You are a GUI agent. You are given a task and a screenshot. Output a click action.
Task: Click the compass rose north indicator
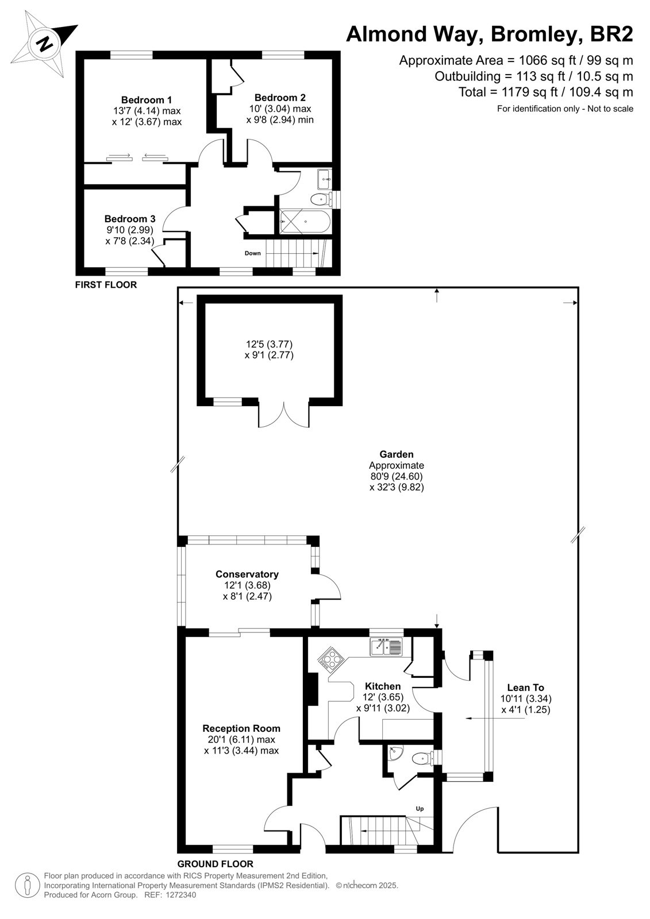(x=44, y=44)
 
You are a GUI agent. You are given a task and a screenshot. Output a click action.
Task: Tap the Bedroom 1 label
(x=147, y=100)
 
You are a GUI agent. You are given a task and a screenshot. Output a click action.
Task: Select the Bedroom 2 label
(x=280, y=98)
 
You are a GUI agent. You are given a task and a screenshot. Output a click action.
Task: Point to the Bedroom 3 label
(x=130, y=219)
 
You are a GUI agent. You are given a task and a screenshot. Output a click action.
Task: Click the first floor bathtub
(x=305, y=222)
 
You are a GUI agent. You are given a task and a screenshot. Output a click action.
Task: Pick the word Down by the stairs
(x=252, y=253)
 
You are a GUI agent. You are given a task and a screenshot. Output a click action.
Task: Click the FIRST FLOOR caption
(x=106, y=285)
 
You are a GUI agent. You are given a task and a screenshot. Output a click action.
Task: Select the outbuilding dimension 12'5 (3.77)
(x=270, y=344)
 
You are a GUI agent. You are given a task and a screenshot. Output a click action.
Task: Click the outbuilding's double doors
(x=284, y=414)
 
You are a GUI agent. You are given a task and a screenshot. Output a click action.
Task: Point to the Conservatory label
(x=247, y=574)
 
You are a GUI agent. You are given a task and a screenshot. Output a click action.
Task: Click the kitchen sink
(x=387, y=648)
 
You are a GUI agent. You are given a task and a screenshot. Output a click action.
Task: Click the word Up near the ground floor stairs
(x=420, y=809)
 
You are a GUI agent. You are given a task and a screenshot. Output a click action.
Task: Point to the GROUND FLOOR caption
(x=215, y=864)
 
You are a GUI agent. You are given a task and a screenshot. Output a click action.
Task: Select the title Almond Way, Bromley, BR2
(x=490, y=34)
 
